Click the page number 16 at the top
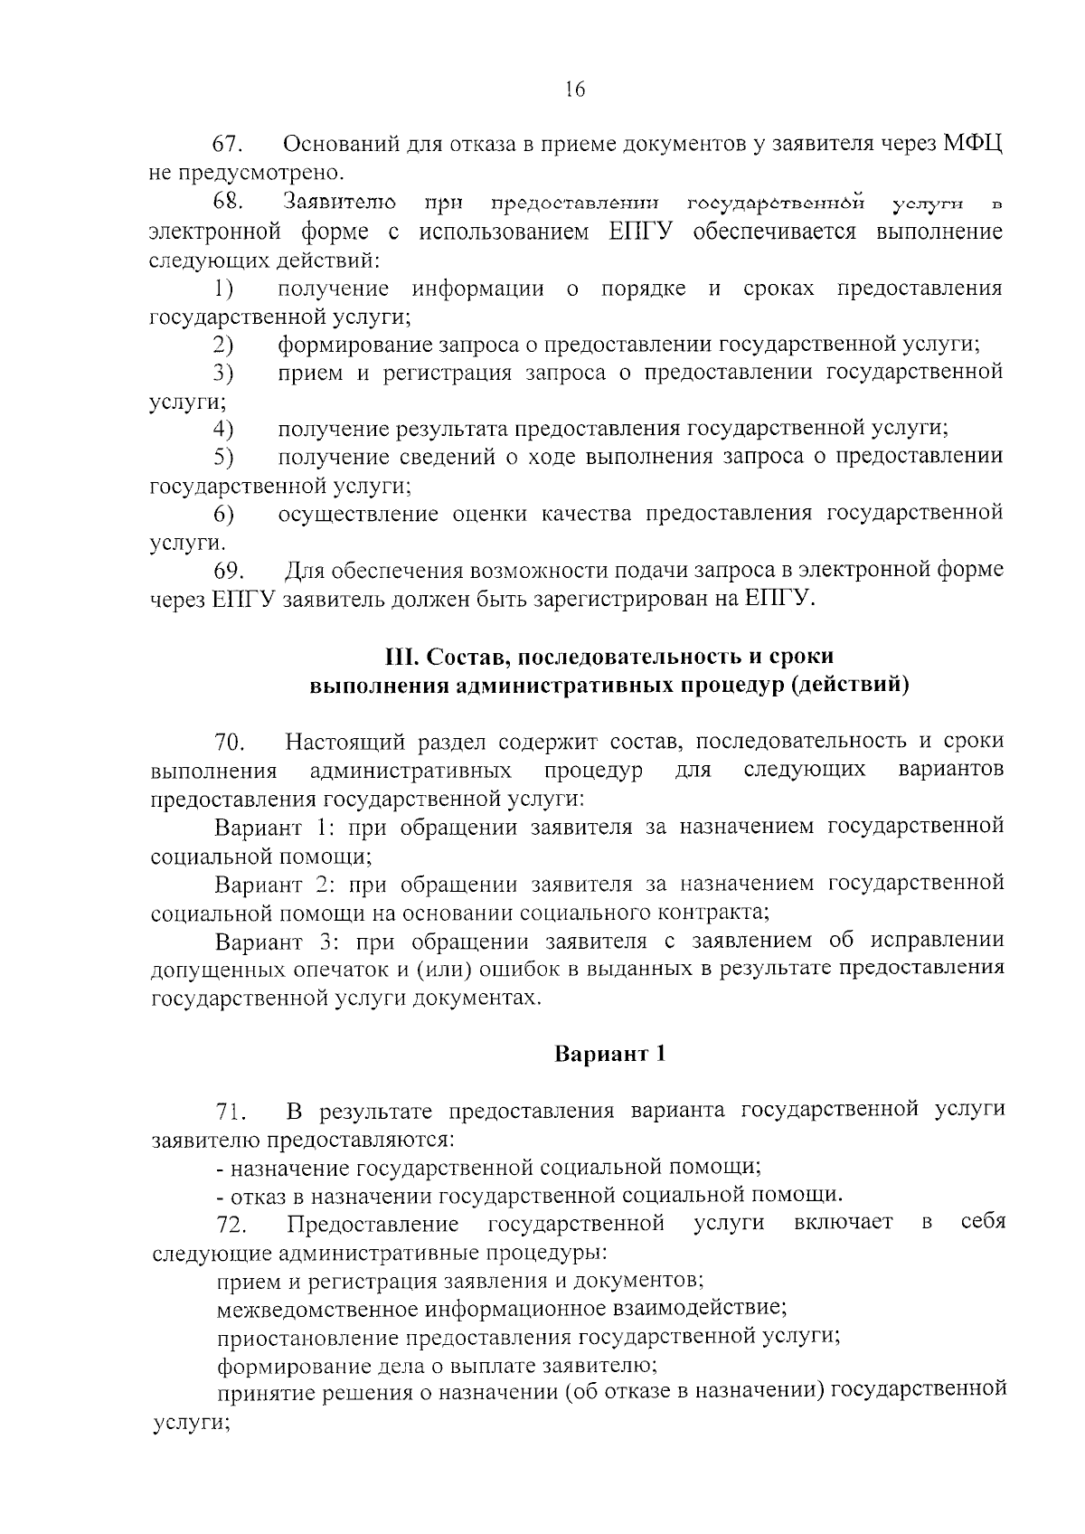575,89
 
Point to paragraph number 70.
230,743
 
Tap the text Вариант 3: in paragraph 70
276,942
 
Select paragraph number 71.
230,1112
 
